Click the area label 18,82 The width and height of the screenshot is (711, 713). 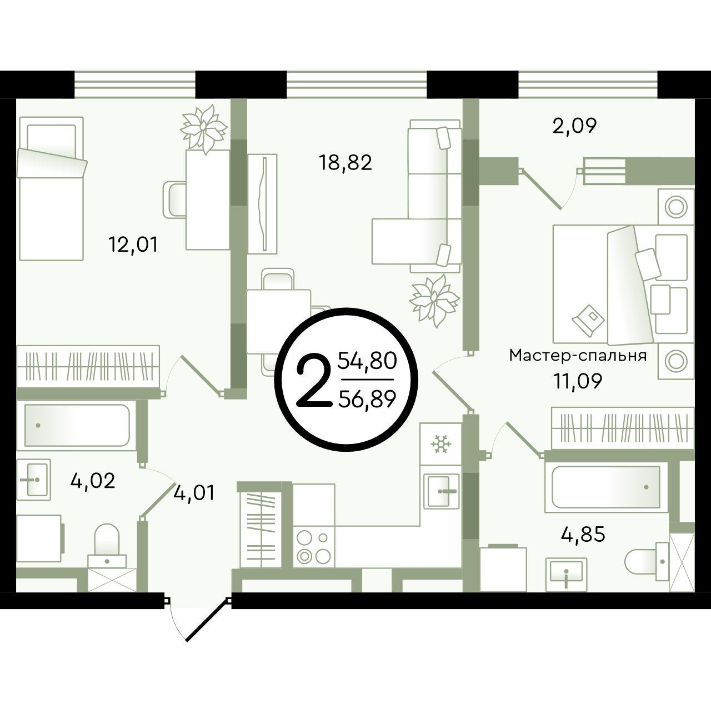point(346,163)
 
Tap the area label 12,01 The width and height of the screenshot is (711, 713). point(133,245)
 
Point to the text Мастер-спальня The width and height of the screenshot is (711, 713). point(578,356)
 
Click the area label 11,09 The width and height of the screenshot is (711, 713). point(578,381)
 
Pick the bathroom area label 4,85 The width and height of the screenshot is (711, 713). point(583,534)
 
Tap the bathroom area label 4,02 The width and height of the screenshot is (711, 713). point(92,481)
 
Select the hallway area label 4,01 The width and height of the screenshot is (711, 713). point(194,493)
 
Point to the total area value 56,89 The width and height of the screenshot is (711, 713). point(367,399)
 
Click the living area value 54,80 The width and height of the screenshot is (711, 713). point(367,361)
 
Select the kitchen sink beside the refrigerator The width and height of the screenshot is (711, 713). point(442,491)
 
